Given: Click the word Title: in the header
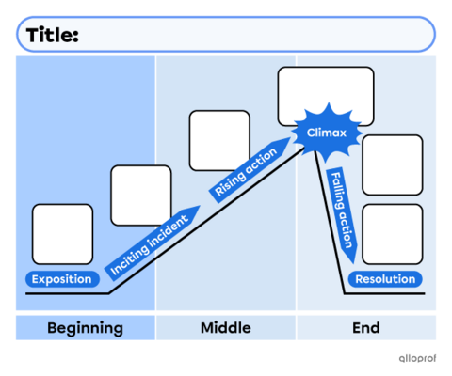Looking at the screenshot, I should pyautogui.click(x=53, y=35).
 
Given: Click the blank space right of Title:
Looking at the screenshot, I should pyautogui.click(x=254, y=35).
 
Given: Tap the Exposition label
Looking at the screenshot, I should pyautogui.click(x=62, y=279).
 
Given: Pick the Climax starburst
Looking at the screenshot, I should pyautogui.click(x=320, y=133).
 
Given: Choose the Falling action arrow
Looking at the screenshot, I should pyautogui.click(x=341, y=212).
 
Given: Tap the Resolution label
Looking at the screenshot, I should pyautogui.click(x=384, y=279).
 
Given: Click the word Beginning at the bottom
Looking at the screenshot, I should pyautogui.click(x=85, y=328).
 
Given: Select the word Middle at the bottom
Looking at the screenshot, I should pyautogui.click(x=226, y=328).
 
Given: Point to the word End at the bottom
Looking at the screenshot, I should pyautogui.click(x=367, y=328).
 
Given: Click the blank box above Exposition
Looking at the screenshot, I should pyautogui.click(x=63, y=234).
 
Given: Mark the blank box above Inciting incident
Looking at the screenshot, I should pyautogui.click(x=141, y=195).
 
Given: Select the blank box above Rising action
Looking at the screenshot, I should pyautogui.click(x=219, y=140).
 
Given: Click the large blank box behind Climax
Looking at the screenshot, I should pyautogui.click(x=325, y=89).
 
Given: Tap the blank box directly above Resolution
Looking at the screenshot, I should pyautogui.click(x=393, y=234).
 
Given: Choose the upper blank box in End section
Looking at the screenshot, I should pyautogui.click(x=393, y=164).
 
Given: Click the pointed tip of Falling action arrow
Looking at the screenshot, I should pyautogui.click(x=350, y=261).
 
